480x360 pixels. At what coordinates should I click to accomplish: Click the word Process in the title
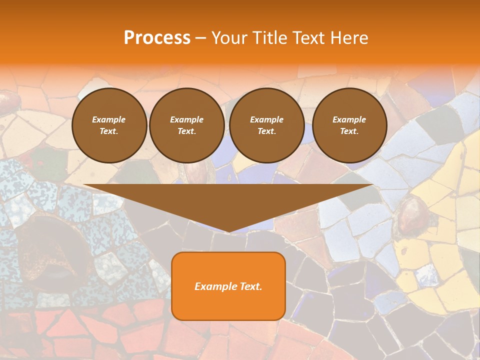coord(157,38)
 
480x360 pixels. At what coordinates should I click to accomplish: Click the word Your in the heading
coord(227,38)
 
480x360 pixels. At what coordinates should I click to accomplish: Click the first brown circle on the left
coord(109,125)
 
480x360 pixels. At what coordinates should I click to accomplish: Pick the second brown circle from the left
coord(186,125)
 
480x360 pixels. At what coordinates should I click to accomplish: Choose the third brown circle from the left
coord(266,125)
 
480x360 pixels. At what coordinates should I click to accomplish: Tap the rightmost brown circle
coord(349,125)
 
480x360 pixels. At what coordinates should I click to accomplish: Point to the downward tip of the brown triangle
coord(228,231)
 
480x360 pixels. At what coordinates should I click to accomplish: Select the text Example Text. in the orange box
coord(228,286)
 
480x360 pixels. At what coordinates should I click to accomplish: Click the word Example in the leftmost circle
coord(109,119)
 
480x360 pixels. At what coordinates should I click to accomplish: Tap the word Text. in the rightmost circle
coord(349,131)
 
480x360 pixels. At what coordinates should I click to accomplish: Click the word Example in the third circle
coord(266,119)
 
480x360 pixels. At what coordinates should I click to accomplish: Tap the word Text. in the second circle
coord(186,131)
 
